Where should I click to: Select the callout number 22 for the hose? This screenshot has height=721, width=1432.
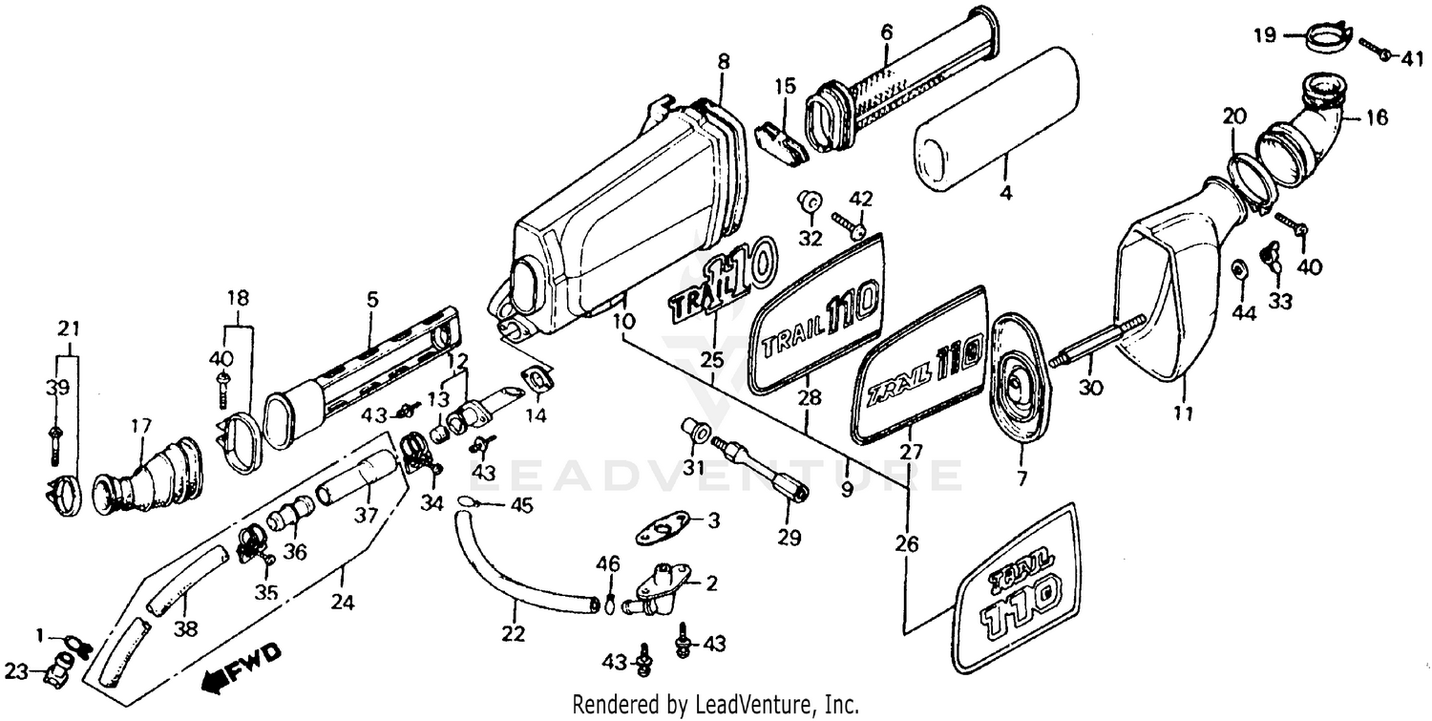tap(514, 633)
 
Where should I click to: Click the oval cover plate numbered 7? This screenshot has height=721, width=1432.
tap(1015, 380)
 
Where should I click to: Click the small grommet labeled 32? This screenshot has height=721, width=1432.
tap(811, 203)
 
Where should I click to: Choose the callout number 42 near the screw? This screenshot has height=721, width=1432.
tap(861, 199)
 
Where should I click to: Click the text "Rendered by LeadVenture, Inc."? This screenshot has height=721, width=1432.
tap(715, 705)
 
